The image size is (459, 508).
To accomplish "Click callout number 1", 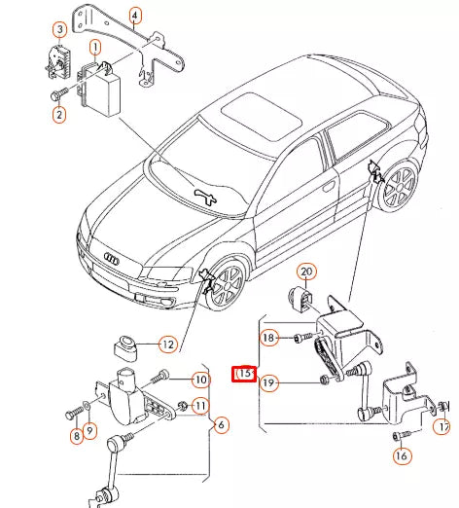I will pyautogui.click(x=95, y=46).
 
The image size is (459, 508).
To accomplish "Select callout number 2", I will pyautogui.click(x=59, y=115).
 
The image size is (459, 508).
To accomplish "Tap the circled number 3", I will pyautogui.click(x=59, y=31).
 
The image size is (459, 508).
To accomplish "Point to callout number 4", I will pyautogui.click(x=134, y=14).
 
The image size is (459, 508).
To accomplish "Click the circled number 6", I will pyautogui.click(x=221, y=424).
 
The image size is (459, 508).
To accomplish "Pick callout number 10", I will pyautogui.click(x=200, y=380).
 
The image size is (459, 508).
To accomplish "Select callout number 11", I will pyautogui.click(x=200, y=405).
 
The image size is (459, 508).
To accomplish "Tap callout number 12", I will pyautogui.click(x=167, y=345).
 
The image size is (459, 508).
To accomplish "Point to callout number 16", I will pyautogui.click(x=401, y=455).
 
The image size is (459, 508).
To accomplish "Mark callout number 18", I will pyautogui.click(x=269, y=337).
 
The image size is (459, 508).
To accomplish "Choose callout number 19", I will pyautogui.click(x=269, y=383).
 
